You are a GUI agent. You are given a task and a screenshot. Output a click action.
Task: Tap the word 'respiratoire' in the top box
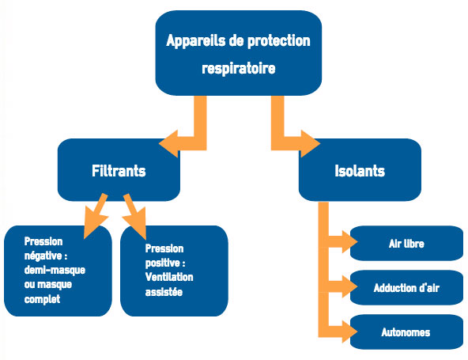click(x=239, y=68)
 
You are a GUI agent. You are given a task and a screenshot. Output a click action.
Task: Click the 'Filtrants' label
click(x=119, y=171)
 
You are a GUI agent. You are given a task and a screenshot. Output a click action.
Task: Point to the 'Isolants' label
click(x=360, y=171)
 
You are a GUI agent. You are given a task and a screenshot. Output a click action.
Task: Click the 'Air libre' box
click(x=406, y=243)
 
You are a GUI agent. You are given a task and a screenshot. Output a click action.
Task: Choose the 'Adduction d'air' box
click(x=406, y=287)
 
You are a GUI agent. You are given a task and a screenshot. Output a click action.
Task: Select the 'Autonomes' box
click(x=406, y=332)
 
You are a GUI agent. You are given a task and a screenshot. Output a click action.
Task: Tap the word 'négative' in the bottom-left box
click(x=43, y=256)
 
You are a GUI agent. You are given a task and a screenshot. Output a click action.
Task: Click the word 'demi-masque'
click(x=55, y=270)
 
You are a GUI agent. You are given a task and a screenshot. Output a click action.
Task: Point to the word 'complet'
click(x=42, y=299)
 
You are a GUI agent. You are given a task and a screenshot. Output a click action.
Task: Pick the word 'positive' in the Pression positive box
click(x=163, y=263)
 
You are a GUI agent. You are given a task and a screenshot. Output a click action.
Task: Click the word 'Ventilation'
click(x=169, y=277)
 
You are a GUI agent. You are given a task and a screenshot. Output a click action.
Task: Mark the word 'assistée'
click(x=164, y=292)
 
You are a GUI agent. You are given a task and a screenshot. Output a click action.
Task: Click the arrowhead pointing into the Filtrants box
click(x=168, y=144)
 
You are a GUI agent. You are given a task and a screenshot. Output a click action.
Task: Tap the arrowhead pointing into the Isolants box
click(x=311, y=144)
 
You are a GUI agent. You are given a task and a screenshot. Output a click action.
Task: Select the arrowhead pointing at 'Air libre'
click(x=349, y=241)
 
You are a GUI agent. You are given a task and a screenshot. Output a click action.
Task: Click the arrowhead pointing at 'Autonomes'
click(x=349, y=332)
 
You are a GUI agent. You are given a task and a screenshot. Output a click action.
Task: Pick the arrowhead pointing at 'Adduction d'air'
click(x=349, y=286)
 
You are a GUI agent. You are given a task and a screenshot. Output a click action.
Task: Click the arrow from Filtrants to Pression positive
click(x=135, y=216)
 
